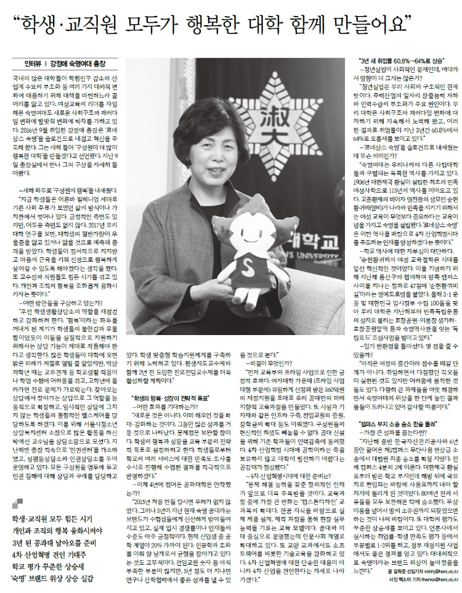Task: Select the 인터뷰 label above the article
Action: click(x=33, y=63)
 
